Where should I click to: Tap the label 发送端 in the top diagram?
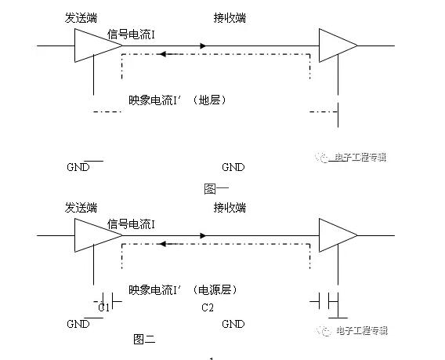[x=81, y=18]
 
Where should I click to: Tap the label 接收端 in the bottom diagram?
[x=230, y=208]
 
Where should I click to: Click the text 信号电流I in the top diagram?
[x=131, y=35]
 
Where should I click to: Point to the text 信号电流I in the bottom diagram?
[x=131, y=224]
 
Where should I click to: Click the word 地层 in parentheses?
[x=209, y=100]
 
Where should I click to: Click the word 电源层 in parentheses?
[x=215, y=290]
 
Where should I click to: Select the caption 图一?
[x=216, y=189]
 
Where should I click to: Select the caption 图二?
[x=144, y=339]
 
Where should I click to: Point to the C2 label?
[x=208, y=307]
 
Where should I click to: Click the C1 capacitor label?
[x=104, y=307]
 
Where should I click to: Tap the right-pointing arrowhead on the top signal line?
[x=203, y=45]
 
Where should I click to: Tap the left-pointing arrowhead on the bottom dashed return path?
[x=163, y=244]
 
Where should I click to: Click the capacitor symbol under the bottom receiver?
[x=324, y=301]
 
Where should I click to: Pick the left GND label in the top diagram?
[x=78, y=167]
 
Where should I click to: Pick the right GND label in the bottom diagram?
[x=233, y=324]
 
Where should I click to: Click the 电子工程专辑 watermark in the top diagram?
[x=360, y=157]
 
